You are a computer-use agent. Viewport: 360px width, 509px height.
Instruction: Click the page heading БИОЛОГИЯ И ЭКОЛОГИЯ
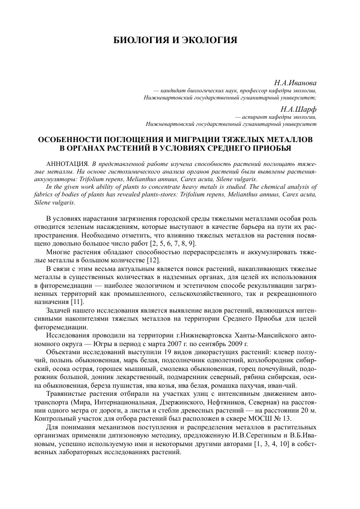click(175, 40)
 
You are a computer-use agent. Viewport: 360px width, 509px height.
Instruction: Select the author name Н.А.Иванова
click(296, 81)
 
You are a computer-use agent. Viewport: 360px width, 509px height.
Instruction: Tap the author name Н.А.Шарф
click(298, 108)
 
